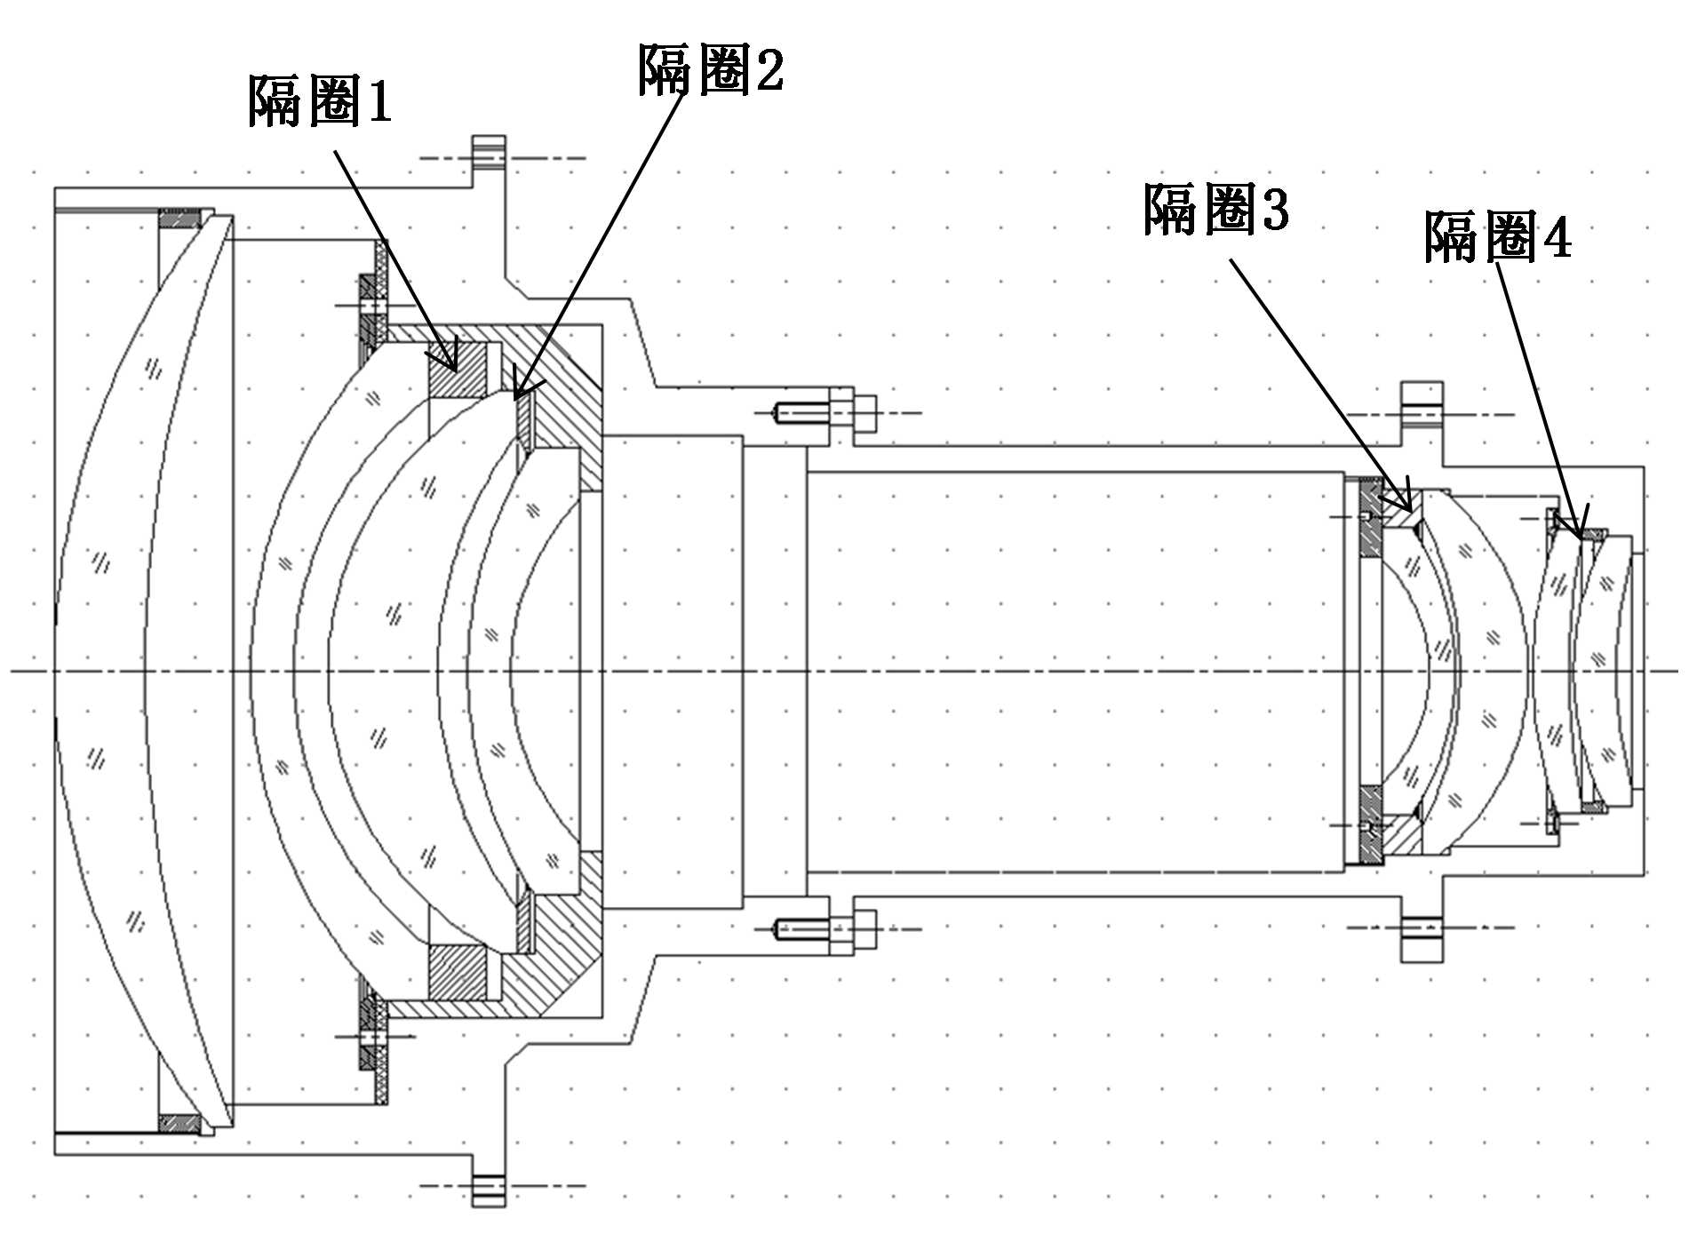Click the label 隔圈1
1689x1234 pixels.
point(320,100)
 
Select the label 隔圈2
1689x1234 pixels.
point(711,69)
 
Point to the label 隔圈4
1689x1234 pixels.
point(1497,236)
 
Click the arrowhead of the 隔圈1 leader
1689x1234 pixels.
point(452,364)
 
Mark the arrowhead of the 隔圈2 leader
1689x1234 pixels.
point(519,393)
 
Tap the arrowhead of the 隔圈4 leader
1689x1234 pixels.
point(1580,536)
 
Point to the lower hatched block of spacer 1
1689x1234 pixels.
point(458,972)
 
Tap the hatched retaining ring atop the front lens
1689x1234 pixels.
point(180,218)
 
